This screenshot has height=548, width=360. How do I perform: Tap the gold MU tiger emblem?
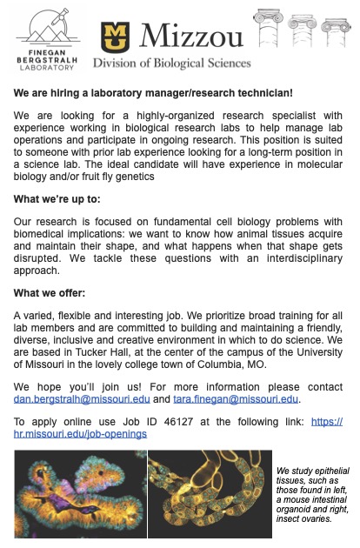tap(116, 37)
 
